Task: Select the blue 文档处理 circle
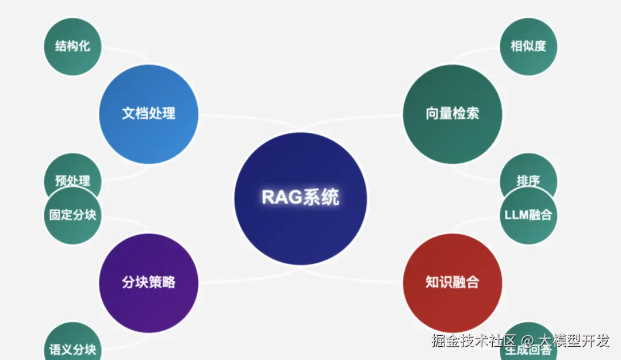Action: click(149, 114)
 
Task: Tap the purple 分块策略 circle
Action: click(149, 283)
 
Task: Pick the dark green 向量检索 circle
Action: click(453, 114)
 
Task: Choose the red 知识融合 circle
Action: click(453, 283)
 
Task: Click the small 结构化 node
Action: click(72, 47)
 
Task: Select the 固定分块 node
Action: click(72, 216)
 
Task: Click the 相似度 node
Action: click(528, 47)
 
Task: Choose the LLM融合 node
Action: click(528, 216)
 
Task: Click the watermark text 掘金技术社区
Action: click(474, 341)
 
